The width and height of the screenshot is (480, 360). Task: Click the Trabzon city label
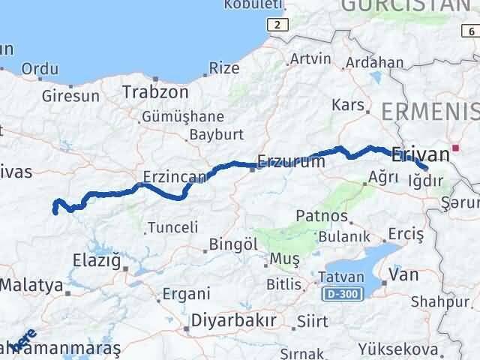coord(155,91)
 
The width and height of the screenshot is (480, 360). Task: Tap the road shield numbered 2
coord(280,25)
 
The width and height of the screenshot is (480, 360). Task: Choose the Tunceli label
coord(172,226)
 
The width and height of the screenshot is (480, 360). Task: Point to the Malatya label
coord(31,285)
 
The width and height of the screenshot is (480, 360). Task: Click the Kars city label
coord(352,104)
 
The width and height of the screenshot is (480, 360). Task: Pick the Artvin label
coord(310,58)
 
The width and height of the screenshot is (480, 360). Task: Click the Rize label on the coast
coord(224,68)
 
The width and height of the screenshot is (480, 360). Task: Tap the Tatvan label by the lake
coord(342,276)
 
